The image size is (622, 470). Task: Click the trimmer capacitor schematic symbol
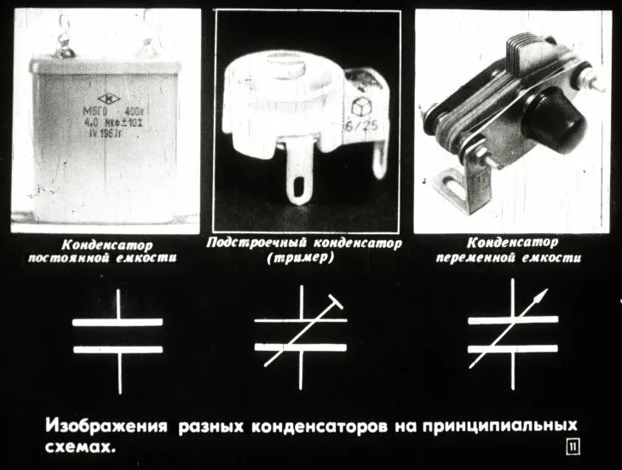tap(300, 335)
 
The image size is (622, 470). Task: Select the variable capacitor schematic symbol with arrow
tap(511, 335)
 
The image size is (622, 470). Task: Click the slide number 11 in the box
tap(570, 447)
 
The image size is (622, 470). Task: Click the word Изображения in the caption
tap(106, 425)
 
